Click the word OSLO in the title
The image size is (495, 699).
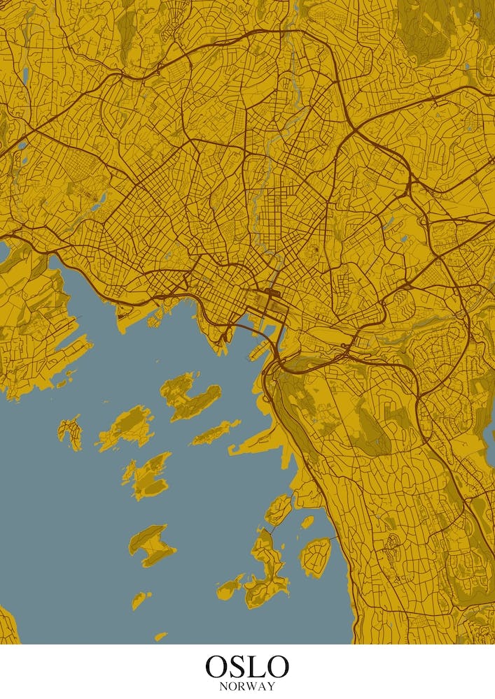(x=247, y=666)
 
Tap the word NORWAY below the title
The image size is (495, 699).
(x=247, y=686)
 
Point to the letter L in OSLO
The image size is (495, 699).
(x=256, y=666)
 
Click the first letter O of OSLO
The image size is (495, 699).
(x=217, y=666)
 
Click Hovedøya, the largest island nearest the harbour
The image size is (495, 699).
(x=186, y=396)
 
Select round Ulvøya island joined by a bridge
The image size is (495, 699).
(x=315, y=556)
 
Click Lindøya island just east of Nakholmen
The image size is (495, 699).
(x=126, y=426)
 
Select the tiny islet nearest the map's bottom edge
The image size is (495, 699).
(x=161, y=636)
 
